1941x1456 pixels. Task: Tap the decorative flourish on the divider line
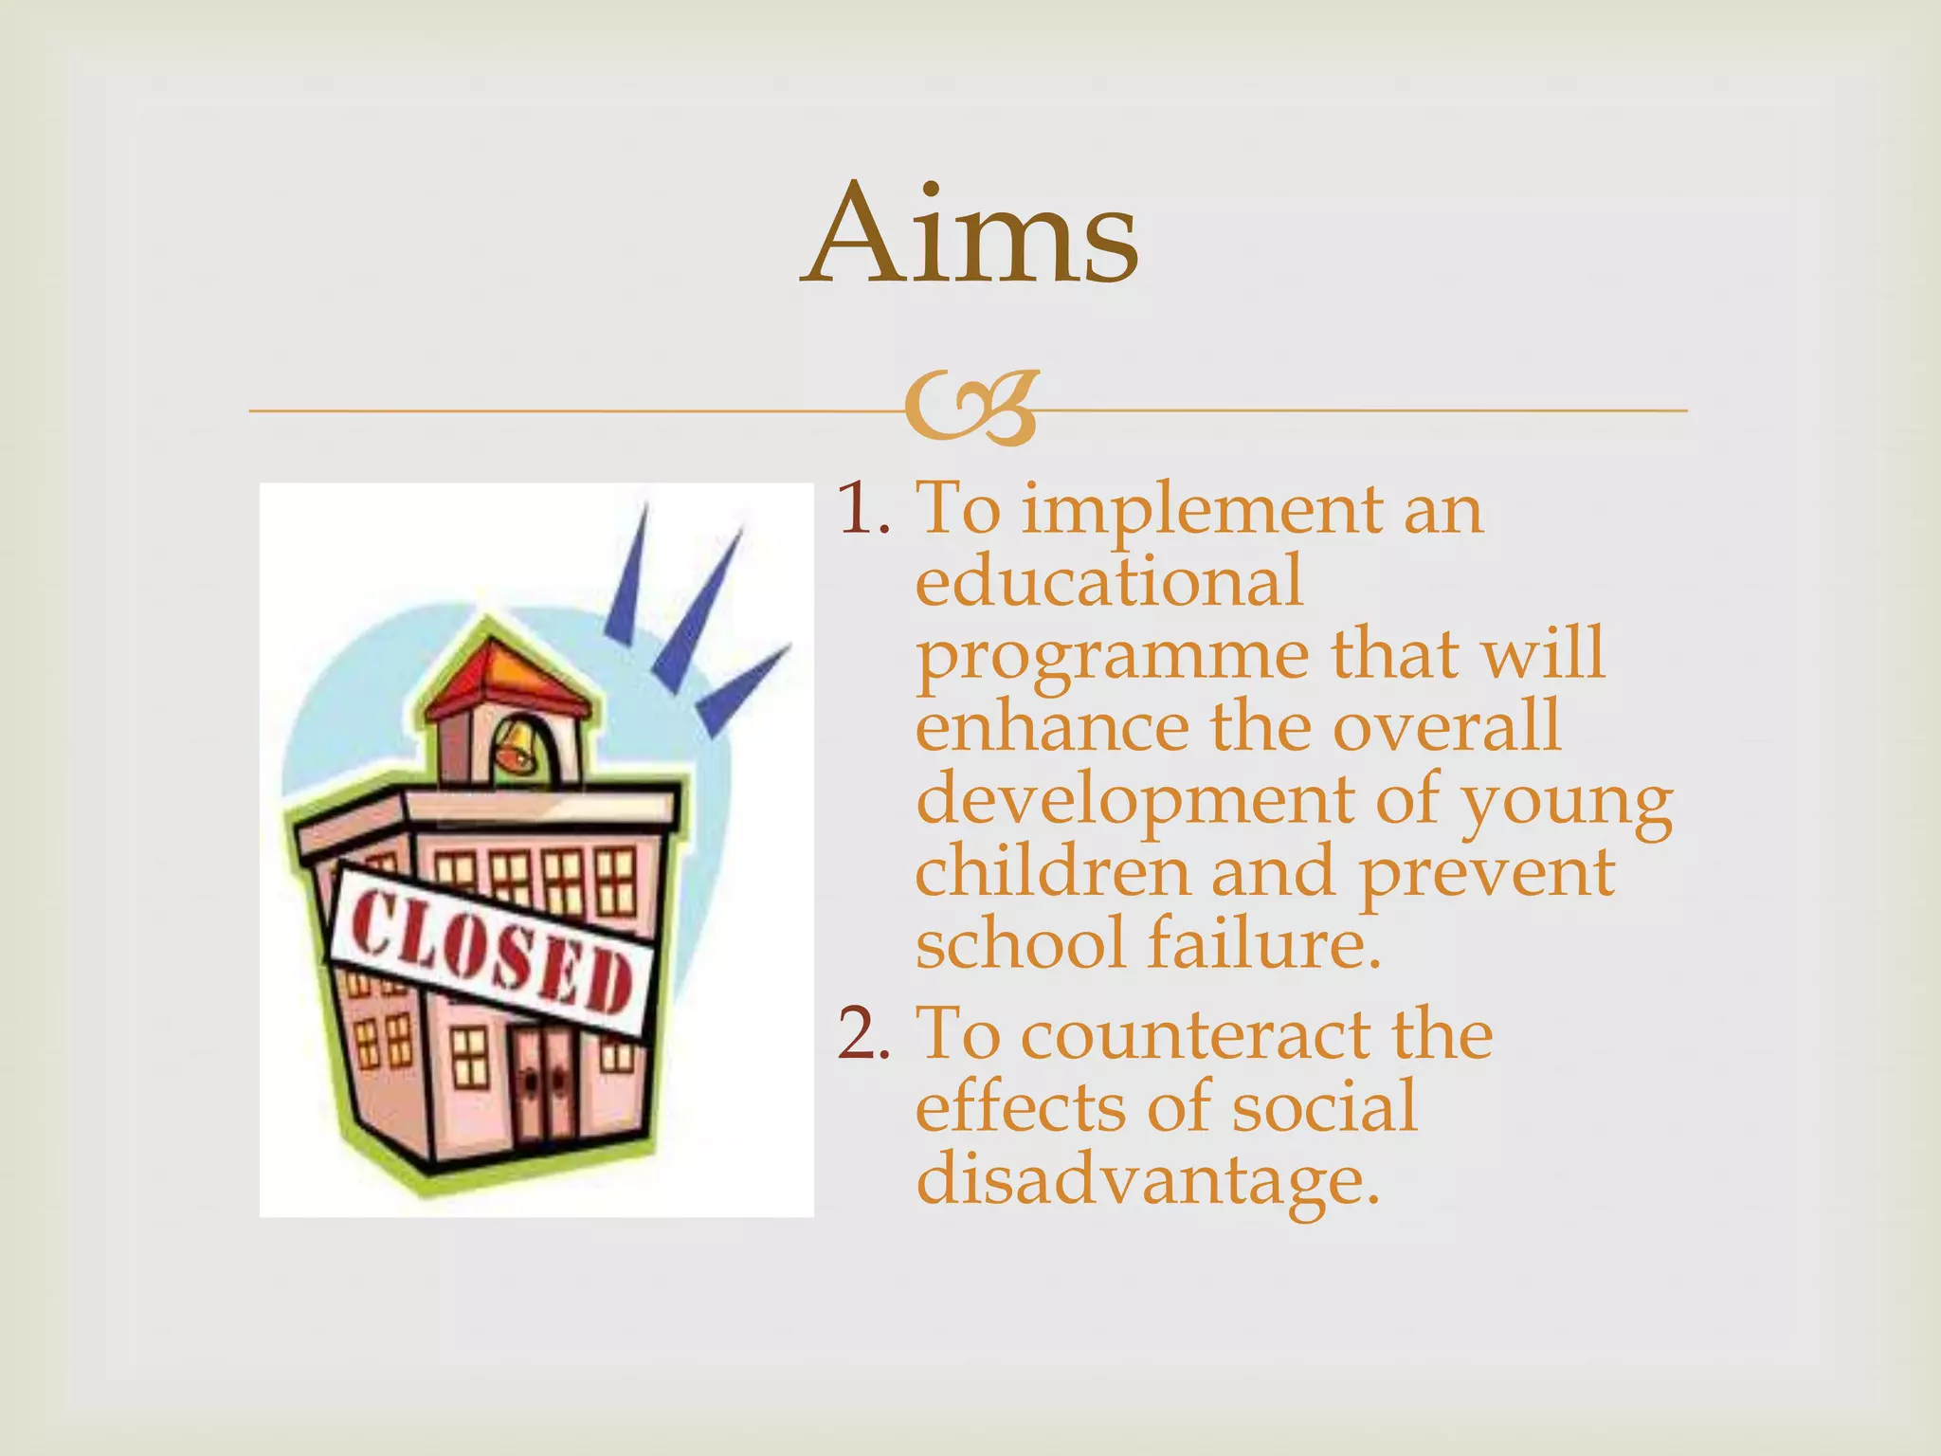[x=970, y=410]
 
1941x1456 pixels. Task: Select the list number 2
[x=860, y=1034]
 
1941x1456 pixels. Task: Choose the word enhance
[x=1052, y=727]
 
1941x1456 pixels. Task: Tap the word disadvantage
[x=1147, y=1181]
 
